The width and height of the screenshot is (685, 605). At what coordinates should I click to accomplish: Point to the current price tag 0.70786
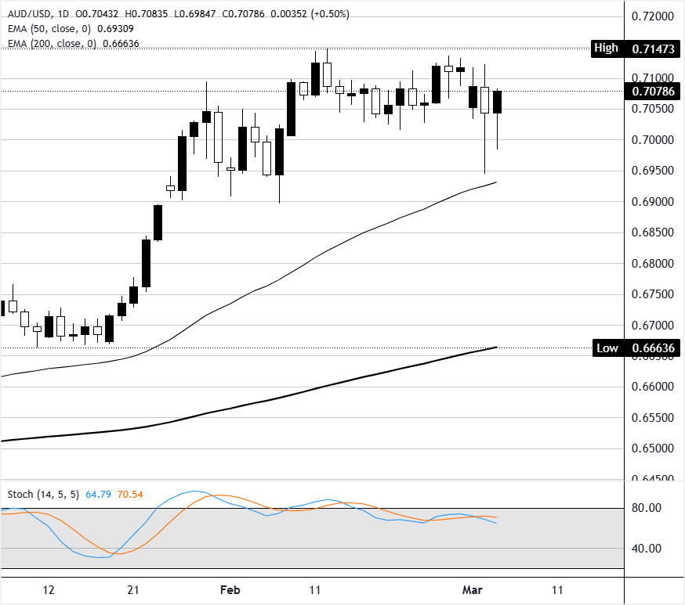[653, 91]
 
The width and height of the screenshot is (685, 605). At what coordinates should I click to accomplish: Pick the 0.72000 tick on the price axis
[653, 16]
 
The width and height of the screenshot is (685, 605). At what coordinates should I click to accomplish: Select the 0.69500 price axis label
[653, 171]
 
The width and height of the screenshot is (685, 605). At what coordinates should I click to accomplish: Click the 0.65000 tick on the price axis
[653, 448]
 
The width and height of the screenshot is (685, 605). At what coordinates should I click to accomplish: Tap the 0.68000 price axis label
[653, 263]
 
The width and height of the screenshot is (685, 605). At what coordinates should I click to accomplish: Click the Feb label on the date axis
[230, 589]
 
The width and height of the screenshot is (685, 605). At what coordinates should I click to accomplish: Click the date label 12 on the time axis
[49, 589]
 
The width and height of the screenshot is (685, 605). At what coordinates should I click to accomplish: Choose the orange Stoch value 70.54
[130, 495]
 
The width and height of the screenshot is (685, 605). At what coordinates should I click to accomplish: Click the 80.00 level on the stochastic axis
[648, 508]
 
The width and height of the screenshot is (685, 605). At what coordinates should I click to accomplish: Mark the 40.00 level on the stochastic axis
[648, 549]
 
